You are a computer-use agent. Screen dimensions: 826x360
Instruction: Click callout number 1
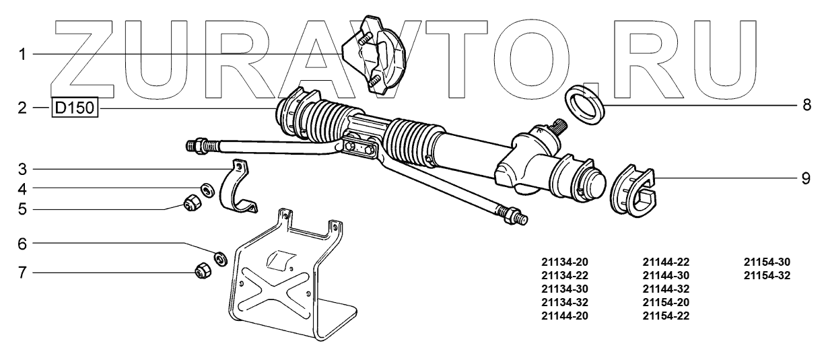click(22, 55)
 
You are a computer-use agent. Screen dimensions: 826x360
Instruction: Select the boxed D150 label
click(75, 108)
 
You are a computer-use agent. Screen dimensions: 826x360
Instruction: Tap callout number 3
click(22, 170)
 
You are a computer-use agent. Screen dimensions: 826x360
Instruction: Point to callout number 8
click(807, 105)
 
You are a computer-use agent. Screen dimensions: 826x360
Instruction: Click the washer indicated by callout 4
click(208, 189)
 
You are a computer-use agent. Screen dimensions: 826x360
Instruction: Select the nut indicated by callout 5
click(192, 203)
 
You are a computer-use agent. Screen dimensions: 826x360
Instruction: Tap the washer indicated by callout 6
click(221, 258)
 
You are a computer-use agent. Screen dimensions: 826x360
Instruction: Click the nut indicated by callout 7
click(203, 271)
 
